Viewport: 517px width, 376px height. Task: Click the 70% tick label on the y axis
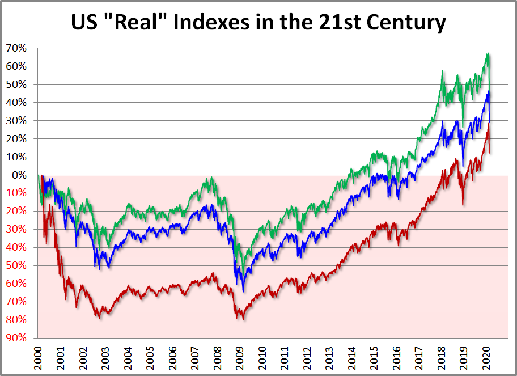tap(15, 48)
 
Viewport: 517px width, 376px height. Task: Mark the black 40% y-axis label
tap(15, 103)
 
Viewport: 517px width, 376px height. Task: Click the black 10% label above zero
tap(15, 157)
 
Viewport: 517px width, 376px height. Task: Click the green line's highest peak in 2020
tap(488, 54)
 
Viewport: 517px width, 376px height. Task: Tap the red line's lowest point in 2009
tap(243, 319)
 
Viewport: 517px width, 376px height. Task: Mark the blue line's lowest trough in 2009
tap(243, 291)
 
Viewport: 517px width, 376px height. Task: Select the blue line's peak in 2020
tap(488, 91)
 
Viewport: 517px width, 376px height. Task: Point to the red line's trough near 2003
tap(100, 318)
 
